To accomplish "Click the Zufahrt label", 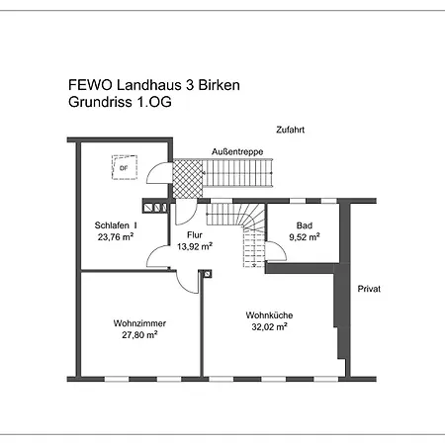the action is point(290,130).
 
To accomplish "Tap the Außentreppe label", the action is point(237,151).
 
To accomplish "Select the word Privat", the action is point(369,289).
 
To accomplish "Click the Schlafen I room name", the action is point(116,225).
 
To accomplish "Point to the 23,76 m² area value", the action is point(116,236).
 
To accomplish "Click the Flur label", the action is point(195,235).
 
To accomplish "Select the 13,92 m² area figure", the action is point(195,246).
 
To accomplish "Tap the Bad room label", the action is point(305,225).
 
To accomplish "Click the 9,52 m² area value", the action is point(305,236).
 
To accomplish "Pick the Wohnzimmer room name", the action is point(139,323).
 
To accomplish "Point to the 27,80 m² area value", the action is point(139,334).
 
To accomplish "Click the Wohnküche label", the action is point(269,315).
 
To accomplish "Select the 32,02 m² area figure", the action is point(269,326).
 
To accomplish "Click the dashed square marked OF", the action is point(125,167).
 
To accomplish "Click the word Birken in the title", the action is point(219,85).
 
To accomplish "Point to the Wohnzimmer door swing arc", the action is point(183,287).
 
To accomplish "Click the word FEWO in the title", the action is point(90,85).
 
